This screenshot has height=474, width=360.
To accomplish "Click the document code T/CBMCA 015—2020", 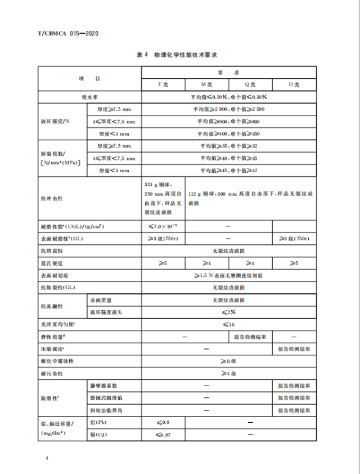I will (x=68, y=34).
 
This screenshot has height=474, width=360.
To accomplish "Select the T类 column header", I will (x=163, y=84).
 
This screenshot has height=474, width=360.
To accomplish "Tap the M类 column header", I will (x=206, y=84).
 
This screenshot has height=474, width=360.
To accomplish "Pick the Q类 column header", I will (x=250, y=84).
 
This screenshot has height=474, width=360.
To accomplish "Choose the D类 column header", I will (x=294, y=84).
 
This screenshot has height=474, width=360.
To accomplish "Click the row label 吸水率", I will (x=89, y=97).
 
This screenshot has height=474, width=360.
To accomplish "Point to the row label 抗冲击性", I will (x=51, y=199).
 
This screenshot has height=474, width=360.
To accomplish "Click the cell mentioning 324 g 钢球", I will (x=163, y=199).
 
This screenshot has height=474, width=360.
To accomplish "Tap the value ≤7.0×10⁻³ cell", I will (x=163, y=226).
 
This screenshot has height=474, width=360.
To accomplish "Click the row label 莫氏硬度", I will (x=51, y=263).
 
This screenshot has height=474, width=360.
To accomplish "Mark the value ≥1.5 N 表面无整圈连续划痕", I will (x=228, y=275).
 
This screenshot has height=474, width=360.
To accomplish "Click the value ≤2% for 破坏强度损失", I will (x=228, y=311).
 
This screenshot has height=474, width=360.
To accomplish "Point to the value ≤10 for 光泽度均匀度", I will (x=228, y=324).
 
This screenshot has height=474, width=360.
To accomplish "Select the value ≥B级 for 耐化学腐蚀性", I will (x=228, y=360).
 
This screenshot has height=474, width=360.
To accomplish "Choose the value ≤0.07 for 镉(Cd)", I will (x=163, y=435).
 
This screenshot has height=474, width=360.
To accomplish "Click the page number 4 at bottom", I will (x=48, y=459).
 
